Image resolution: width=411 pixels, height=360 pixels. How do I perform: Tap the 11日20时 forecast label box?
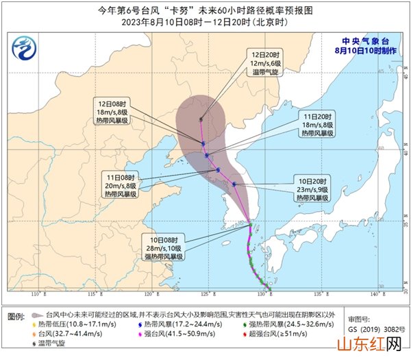pyautogui.click(x=316, y=125)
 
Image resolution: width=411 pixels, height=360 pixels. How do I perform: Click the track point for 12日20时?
pyautogui.click(x=201, y=119)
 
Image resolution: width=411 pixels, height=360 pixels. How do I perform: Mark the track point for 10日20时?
pyautogui.click(x=234, y=184)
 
